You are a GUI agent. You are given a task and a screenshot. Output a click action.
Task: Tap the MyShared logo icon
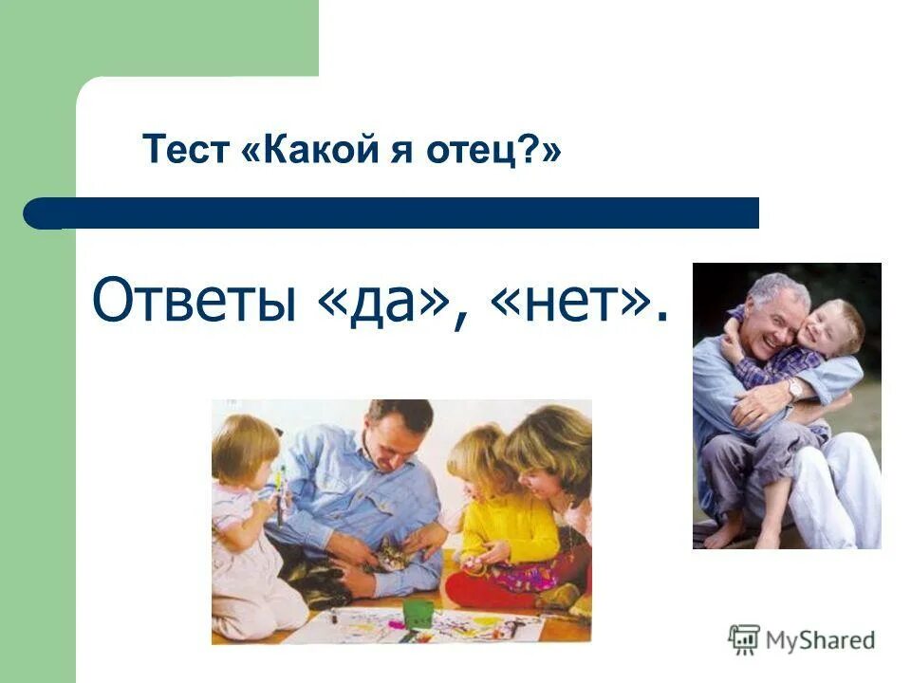[744, 639]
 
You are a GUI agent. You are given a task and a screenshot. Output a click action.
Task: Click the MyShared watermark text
[821, 640]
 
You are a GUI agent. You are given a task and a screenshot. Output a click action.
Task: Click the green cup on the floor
[418, 612]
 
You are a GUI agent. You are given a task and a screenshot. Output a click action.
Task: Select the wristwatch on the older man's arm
[793, 388]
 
